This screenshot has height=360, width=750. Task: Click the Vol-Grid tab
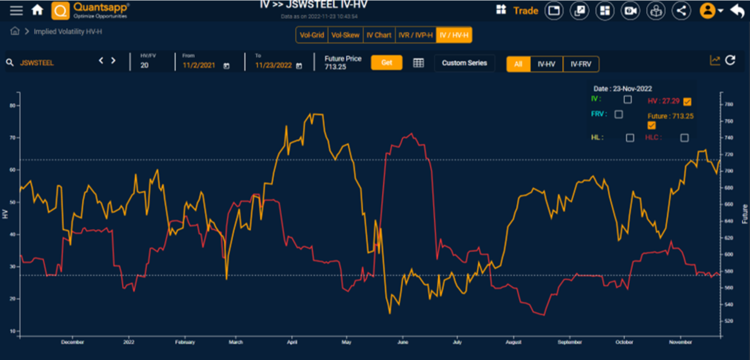click(x=312, y=35)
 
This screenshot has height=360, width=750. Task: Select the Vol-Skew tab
click(x=345, y=35)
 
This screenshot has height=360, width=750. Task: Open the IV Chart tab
click(x=379, y=35)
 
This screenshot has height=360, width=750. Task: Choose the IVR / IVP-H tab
click(x=416, y=35)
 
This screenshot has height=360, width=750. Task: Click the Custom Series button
click(x=464, y=63)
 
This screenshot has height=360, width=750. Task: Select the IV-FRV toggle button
click(x=581, y=64)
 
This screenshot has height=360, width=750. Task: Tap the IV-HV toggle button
click(x=546, y=64)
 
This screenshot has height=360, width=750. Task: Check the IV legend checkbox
click(x=628, y=100)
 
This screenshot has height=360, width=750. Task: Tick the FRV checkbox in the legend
click(x=618, y=114)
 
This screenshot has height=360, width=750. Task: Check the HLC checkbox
click(x=684, y=138)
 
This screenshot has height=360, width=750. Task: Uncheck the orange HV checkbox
click(x=687, y=102)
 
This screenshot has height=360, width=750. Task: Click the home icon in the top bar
click(x=37, y=10)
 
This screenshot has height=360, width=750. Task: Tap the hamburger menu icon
click(x=16, y=10)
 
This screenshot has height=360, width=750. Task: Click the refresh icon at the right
click(x=730, y=61)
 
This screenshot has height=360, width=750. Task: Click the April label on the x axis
click(x=292, y=342)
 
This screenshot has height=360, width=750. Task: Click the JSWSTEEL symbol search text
click(x=37, y=63)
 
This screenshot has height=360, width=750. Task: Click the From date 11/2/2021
click(x=199, y=65)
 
